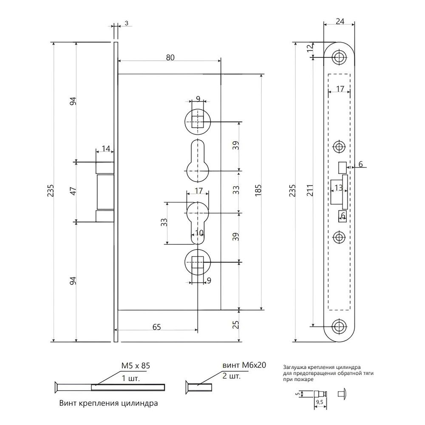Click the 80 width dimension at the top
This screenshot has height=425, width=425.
pyautogui.click(x=170, y=57)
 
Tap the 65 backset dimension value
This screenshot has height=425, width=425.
pyautogui.click(x=156, y=327)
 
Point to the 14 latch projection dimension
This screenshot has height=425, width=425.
pyautogui.click(x=105, y=149)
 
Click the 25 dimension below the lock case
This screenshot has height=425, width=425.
pyautogui.click(x=237, y=325)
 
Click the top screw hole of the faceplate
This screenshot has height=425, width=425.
pyautogui.click(x=339, y=58)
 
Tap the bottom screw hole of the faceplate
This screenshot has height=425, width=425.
pyautogui.click(x=339, y=326)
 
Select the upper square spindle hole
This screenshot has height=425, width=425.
pyautogui.click(x=197, y=121)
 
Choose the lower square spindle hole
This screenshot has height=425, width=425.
pyautogui.click(x=197, y=263)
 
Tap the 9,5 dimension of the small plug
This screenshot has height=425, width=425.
pyautogui.click(x=319, y=400)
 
